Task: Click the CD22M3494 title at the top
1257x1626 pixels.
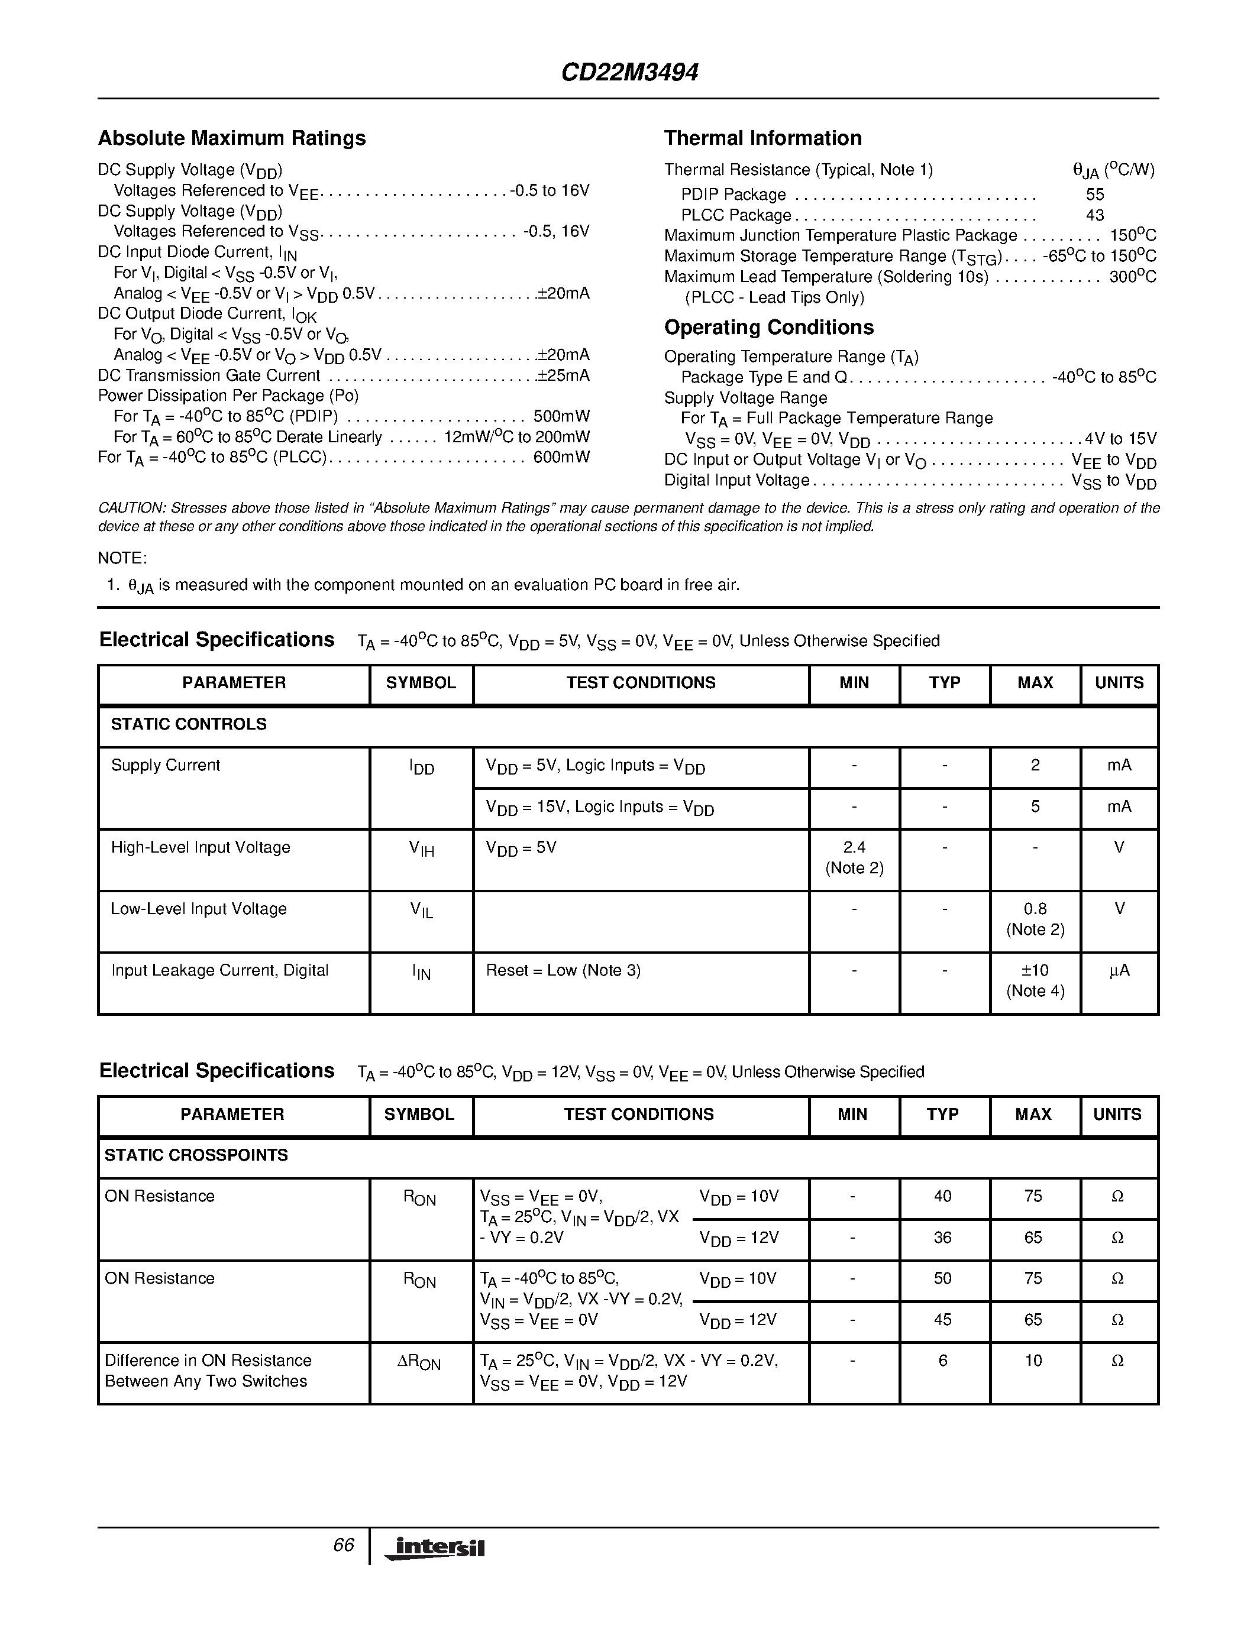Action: coord(629,72)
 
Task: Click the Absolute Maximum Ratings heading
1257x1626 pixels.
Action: coord(232,138)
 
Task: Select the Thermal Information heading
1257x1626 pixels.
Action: coord(762,138)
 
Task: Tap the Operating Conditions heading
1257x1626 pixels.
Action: coord(768,328)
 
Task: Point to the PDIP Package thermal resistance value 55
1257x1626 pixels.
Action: coord(1095,195)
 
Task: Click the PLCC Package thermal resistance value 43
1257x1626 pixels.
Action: coord(1095,215)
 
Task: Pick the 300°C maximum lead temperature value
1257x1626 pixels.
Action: coord(1132,277)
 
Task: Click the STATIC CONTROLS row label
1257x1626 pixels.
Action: coord(188,724)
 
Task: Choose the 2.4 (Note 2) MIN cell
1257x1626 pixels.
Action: coord(854,858)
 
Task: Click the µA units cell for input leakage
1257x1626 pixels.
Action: coord(1119,971)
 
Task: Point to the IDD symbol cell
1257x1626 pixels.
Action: coord(422,767)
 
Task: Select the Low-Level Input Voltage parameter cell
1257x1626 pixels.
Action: coord(199,909)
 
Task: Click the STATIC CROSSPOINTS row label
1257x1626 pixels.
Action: coord(196,1155)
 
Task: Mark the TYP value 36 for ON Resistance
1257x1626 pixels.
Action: coord(943,1238)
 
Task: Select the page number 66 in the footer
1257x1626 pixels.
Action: coord(343,1546)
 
